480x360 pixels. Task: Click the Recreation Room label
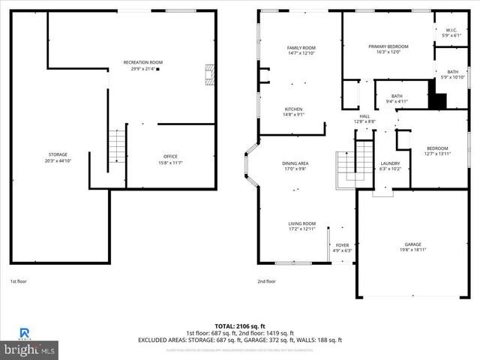[142, 65]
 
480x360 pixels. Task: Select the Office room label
[171, 160]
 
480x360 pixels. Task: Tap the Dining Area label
[295, 166]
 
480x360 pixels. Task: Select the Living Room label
[302, 226]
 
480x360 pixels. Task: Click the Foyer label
[342, 247]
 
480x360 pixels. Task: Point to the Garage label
[412, 247]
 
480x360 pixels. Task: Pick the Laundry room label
[390, 166]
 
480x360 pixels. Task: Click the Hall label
[364, 118]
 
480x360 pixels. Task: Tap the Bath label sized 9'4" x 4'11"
[396, 98]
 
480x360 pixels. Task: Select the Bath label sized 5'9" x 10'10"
[451, 74]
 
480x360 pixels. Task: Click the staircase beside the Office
[115, 146]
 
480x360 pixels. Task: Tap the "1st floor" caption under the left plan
[18, 281]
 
